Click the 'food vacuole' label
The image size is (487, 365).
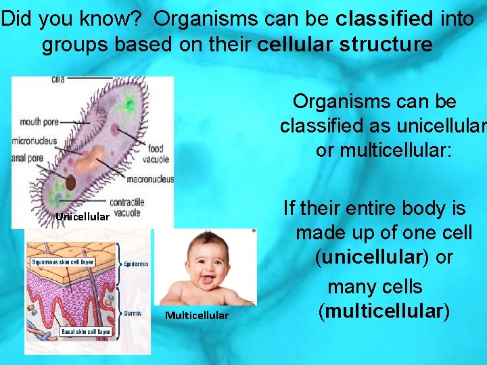click(156, 153)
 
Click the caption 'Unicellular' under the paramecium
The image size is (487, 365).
click(82, 217)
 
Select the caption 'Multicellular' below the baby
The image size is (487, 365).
click(197, 316)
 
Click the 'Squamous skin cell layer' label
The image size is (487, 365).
click(63, 262)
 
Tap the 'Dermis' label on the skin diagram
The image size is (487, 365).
click(133, 313)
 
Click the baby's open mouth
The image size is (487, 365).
click(207, 278)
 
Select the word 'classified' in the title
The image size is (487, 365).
click(384, 19)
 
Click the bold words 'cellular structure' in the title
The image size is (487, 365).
click(345, 45)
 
